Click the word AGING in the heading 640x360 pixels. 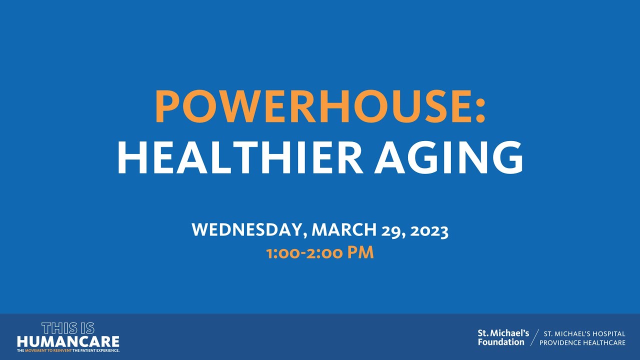[449, 157]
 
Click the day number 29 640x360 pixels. [391, 230]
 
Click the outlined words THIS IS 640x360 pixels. [68, 328]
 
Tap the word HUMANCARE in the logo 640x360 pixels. [68, 341]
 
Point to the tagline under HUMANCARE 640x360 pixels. [68, 351]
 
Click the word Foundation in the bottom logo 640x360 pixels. [501, 342]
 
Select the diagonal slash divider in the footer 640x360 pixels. [534, 337]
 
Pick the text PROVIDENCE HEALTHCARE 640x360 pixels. [582, 342]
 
